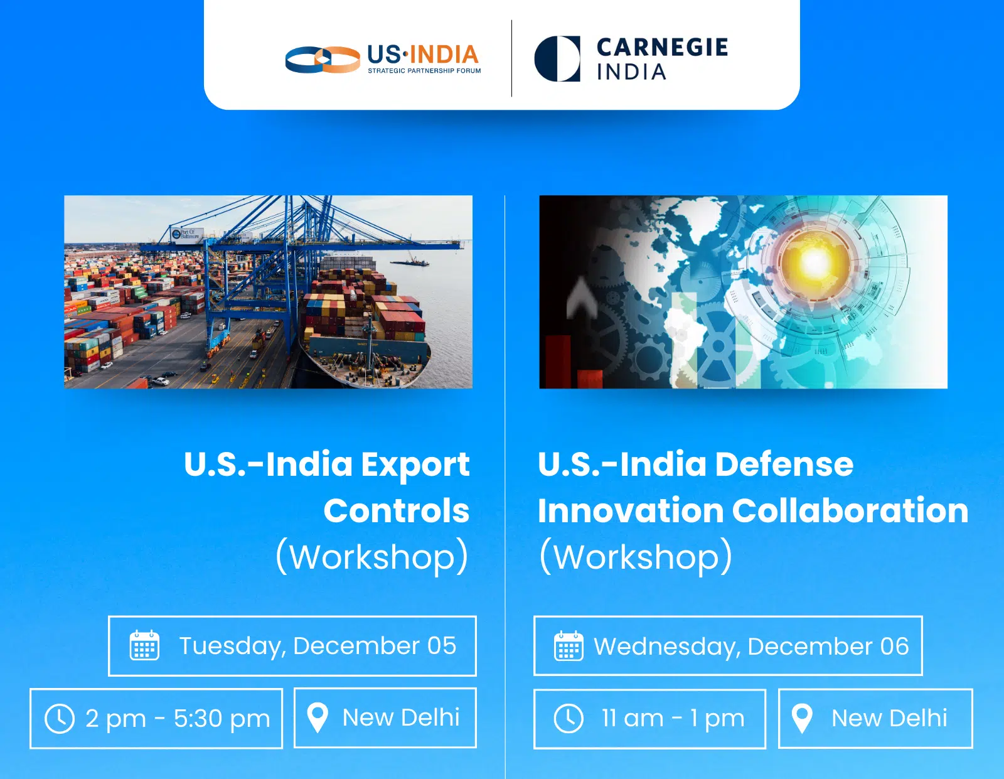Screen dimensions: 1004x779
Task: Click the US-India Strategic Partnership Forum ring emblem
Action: click(323, 60)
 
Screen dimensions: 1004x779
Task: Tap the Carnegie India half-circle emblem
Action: click(557, 58)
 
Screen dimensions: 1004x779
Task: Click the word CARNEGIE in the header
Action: click(662, 48)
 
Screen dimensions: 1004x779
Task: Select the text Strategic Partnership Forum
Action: click(424, 71)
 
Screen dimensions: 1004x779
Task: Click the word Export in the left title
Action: click(415, 465)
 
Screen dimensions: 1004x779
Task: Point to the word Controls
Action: click(397, 510)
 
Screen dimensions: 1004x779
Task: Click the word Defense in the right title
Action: click(784, 464)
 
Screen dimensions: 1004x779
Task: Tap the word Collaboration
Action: click(850, 510)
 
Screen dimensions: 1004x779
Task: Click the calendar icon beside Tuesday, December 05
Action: click(144, 645)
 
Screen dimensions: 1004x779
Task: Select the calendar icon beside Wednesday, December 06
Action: click(569, 645)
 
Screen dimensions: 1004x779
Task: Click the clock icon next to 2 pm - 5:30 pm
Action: click(60, 719)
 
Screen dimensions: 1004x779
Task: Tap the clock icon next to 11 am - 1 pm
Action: click(569, 719)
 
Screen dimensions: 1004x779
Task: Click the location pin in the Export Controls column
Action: click(318, 717)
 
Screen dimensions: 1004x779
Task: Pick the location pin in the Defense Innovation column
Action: click(802, 718)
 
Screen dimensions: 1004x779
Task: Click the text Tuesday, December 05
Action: click(318, 646)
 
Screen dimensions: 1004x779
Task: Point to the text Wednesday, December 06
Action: click(751, 647)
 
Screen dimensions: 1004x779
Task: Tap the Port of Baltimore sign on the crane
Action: click(186, 234)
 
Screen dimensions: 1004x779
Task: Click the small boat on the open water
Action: click(410, 262)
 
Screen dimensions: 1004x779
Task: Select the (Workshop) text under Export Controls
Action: click(372, 556)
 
